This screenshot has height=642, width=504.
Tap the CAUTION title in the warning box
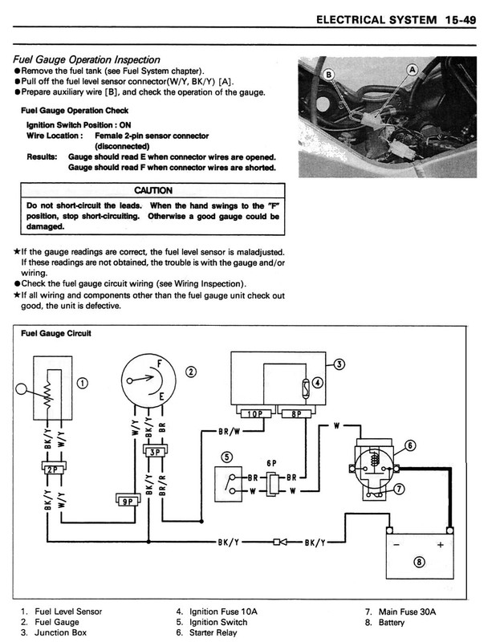point(149,191)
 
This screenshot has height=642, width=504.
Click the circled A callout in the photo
point(413,70)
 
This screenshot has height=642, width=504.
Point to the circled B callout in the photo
point(328,75)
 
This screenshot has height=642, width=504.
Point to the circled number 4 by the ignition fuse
point(318,383)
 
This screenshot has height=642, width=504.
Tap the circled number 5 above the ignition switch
point(227,457)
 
